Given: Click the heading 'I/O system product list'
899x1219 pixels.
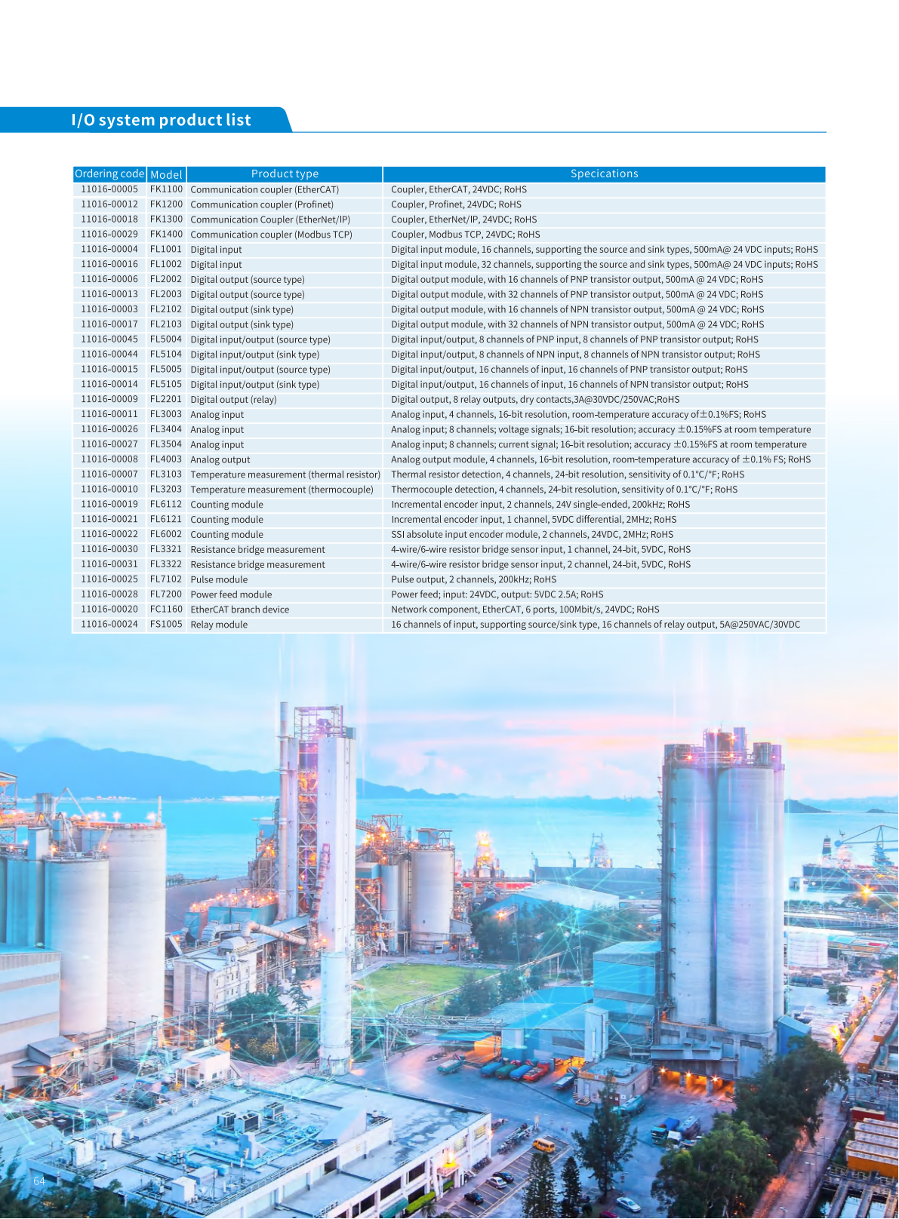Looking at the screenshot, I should (161, 120).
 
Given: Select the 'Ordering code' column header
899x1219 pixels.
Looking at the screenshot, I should (109, 174).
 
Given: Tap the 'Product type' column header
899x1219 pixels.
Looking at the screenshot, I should (285, 174).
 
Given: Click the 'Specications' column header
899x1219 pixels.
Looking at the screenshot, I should (604, 174).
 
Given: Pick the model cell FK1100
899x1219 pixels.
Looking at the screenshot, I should (166, 189).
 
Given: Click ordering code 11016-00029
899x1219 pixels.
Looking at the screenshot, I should (109, 235).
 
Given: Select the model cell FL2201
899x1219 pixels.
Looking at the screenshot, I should (166, 400).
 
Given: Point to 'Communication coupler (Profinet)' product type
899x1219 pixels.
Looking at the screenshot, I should (262, 204).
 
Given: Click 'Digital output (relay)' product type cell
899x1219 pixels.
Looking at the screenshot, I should (233, 400).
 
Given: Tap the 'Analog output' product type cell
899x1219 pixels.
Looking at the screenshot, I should (220, 459).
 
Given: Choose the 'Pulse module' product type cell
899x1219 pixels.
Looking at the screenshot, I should (219, 579).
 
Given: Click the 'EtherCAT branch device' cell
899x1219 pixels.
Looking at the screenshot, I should (240, 609).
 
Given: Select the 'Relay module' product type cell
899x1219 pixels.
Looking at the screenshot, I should (219, 625).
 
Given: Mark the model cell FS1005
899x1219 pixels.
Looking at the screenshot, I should (166, 625).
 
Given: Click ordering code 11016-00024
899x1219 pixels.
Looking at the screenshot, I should (109, 625).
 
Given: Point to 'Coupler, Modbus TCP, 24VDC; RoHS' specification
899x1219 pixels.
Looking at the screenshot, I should (465, 235).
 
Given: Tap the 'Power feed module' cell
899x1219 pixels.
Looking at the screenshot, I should (231, 594).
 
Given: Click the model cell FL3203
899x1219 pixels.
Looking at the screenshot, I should (166, 490).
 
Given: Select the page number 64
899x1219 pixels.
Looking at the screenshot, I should (39, 1181).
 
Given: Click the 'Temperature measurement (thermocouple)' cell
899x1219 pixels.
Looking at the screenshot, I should (282, 490).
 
